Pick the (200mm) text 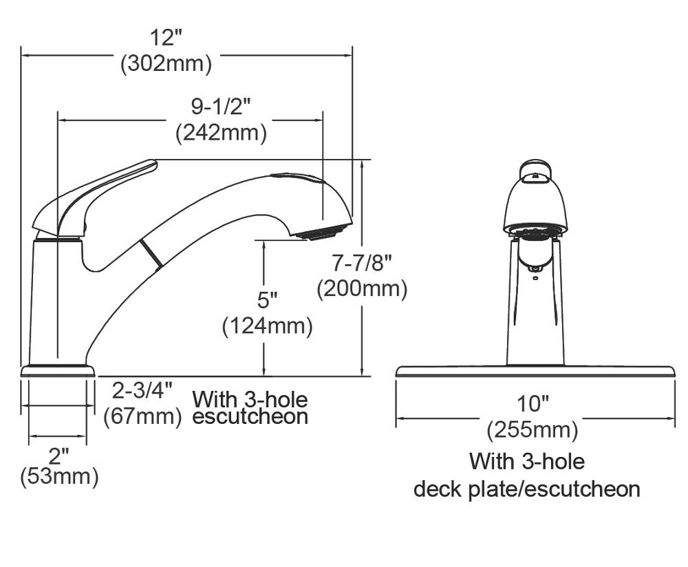click(362, 288)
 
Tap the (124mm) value click(267, 325)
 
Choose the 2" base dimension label click(58, 455)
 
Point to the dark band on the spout click(151, 253)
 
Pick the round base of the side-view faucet click(58, 370)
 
